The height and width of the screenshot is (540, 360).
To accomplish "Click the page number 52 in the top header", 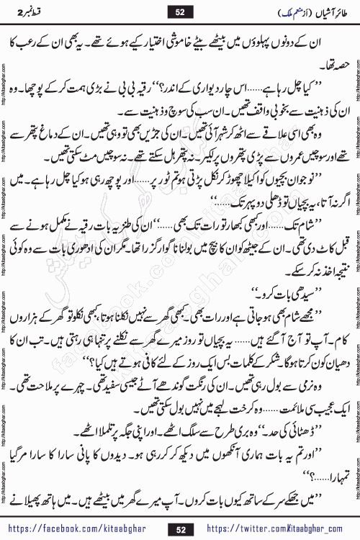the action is click(180, 10).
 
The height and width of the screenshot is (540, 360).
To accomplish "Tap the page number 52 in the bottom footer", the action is click(180, 522).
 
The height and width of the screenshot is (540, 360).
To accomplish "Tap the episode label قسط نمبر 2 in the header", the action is click(32, 10).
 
